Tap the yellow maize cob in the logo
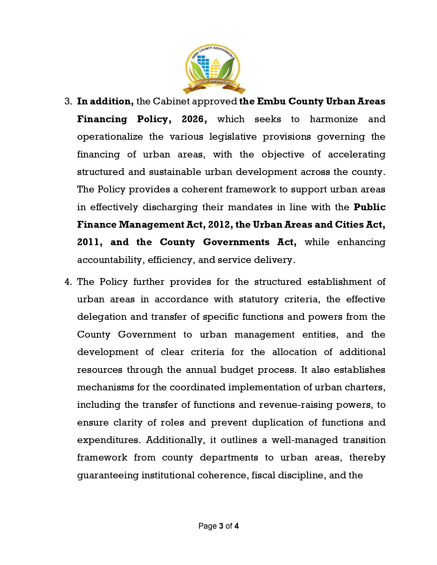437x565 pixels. pyautogui.click(x=215, y=68)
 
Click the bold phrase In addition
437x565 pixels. pyautogui.click(x=105, y=101)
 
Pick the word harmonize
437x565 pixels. pyautogui.click(x=333, y=119)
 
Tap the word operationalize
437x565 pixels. pyautogui.click(x=110, y=137)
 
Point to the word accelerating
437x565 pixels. pyautogui.click(x=356, y=154)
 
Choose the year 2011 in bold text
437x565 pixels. pyautogui.click(x=89, y=242)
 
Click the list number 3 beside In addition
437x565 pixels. pyautogui.click(x=68, y=101)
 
